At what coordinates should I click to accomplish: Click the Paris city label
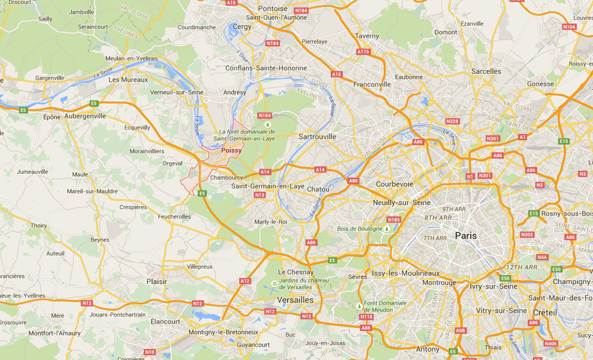(x=465, y=236)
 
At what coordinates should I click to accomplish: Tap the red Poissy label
(x=231, y=151)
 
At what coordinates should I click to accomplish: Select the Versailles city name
(x=295, y=300)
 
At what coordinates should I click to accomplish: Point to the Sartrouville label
(x=317, y=137)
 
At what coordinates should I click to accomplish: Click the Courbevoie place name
(x=395, y=184)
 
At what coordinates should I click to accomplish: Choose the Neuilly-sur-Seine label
(x=402, y=202)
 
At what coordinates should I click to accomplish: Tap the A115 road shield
(x=363, y=51)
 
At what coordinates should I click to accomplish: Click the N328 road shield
(x=452, y=122)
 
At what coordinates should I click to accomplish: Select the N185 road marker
(x=394, y=219)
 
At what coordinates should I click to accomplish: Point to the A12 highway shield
(x=245, y=281)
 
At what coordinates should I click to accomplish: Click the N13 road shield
(x=260, y=195)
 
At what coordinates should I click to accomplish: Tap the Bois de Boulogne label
(x=359, y=229)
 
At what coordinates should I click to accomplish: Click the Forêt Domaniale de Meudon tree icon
(x=359, y=306)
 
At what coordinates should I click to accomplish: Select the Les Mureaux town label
(x=128, y=80)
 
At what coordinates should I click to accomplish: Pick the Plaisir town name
(x=156, y=281)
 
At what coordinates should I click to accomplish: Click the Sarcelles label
(x=486, y=71)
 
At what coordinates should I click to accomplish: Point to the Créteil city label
(x=545, y=313)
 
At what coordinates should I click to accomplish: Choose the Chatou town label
(x=318, y=189)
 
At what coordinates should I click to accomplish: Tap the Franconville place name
(x=372, y=84)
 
